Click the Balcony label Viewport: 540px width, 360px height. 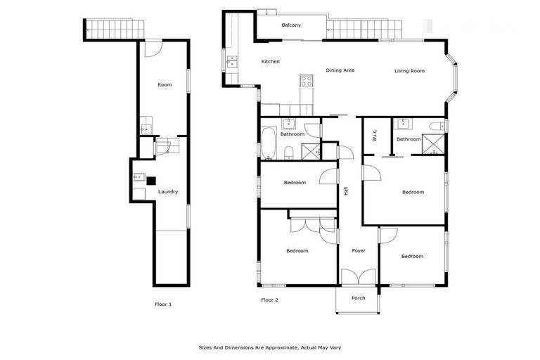(291, 25)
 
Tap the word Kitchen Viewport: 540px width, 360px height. (271, 62)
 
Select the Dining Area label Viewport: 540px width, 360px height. (340, 70)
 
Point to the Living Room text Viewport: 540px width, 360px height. (409, 70)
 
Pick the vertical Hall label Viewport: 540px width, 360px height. (346, 190)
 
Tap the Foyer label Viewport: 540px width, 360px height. (359, 250)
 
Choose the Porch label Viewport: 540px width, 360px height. (358, 297)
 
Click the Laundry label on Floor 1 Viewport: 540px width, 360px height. (167, 191)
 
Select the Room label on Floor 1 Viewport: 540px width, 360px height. (165, 85)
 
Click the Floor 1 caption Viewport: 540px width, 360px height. (163, 304)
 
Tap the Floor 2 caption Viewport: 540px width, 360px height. (270, 300)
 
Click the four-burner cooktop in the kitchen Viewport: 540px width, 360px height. (307, 81)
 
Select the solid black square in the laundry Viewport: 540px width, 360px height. (150, 180)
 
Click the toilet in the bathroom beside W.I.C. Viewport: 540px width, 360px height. (437, 127)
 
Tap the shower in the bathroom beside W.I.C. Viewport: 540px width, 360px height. (433, 144)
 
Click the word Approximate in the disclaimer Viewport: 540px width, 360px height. (275, 347)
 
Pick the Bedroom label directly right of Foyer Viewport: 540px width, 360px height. (412, 257)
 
